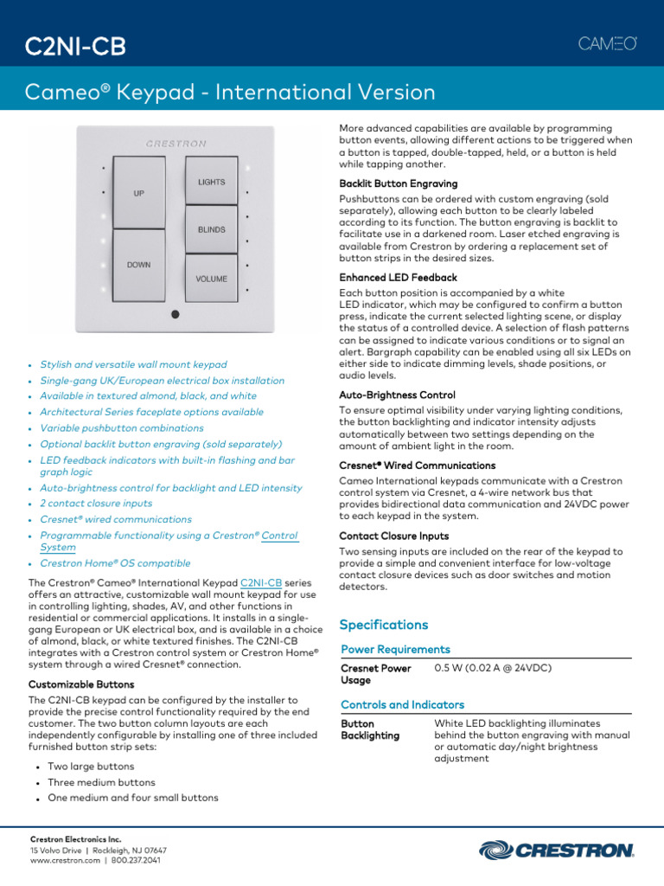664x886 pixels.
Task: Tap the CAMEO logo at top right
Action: point(607,44)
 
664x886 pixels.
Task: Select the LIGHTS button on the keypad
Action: point(211,182)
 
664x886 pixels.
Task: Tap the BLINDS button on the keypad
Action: point(211,230)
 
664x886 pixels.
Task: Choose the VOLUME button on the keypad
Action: point(211,279)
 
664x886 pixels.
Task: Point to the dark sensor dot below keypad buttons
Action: point(175,314)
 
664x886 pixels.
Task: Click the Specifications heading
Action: point(383,625)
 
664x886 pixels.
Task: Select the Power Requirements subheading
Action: point(395,649)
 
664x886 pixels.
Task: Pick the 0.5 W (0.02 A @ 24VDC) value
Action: point(492,668)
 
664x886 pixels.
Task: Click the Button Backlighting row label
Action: point(370,729)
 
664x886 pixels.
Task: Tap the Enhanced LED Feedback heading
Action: point(398,278)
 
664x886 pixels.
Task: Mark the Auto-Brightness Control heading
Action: point(397,395)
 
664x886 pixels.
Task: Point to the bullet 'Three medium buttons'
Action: point(101,782)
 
